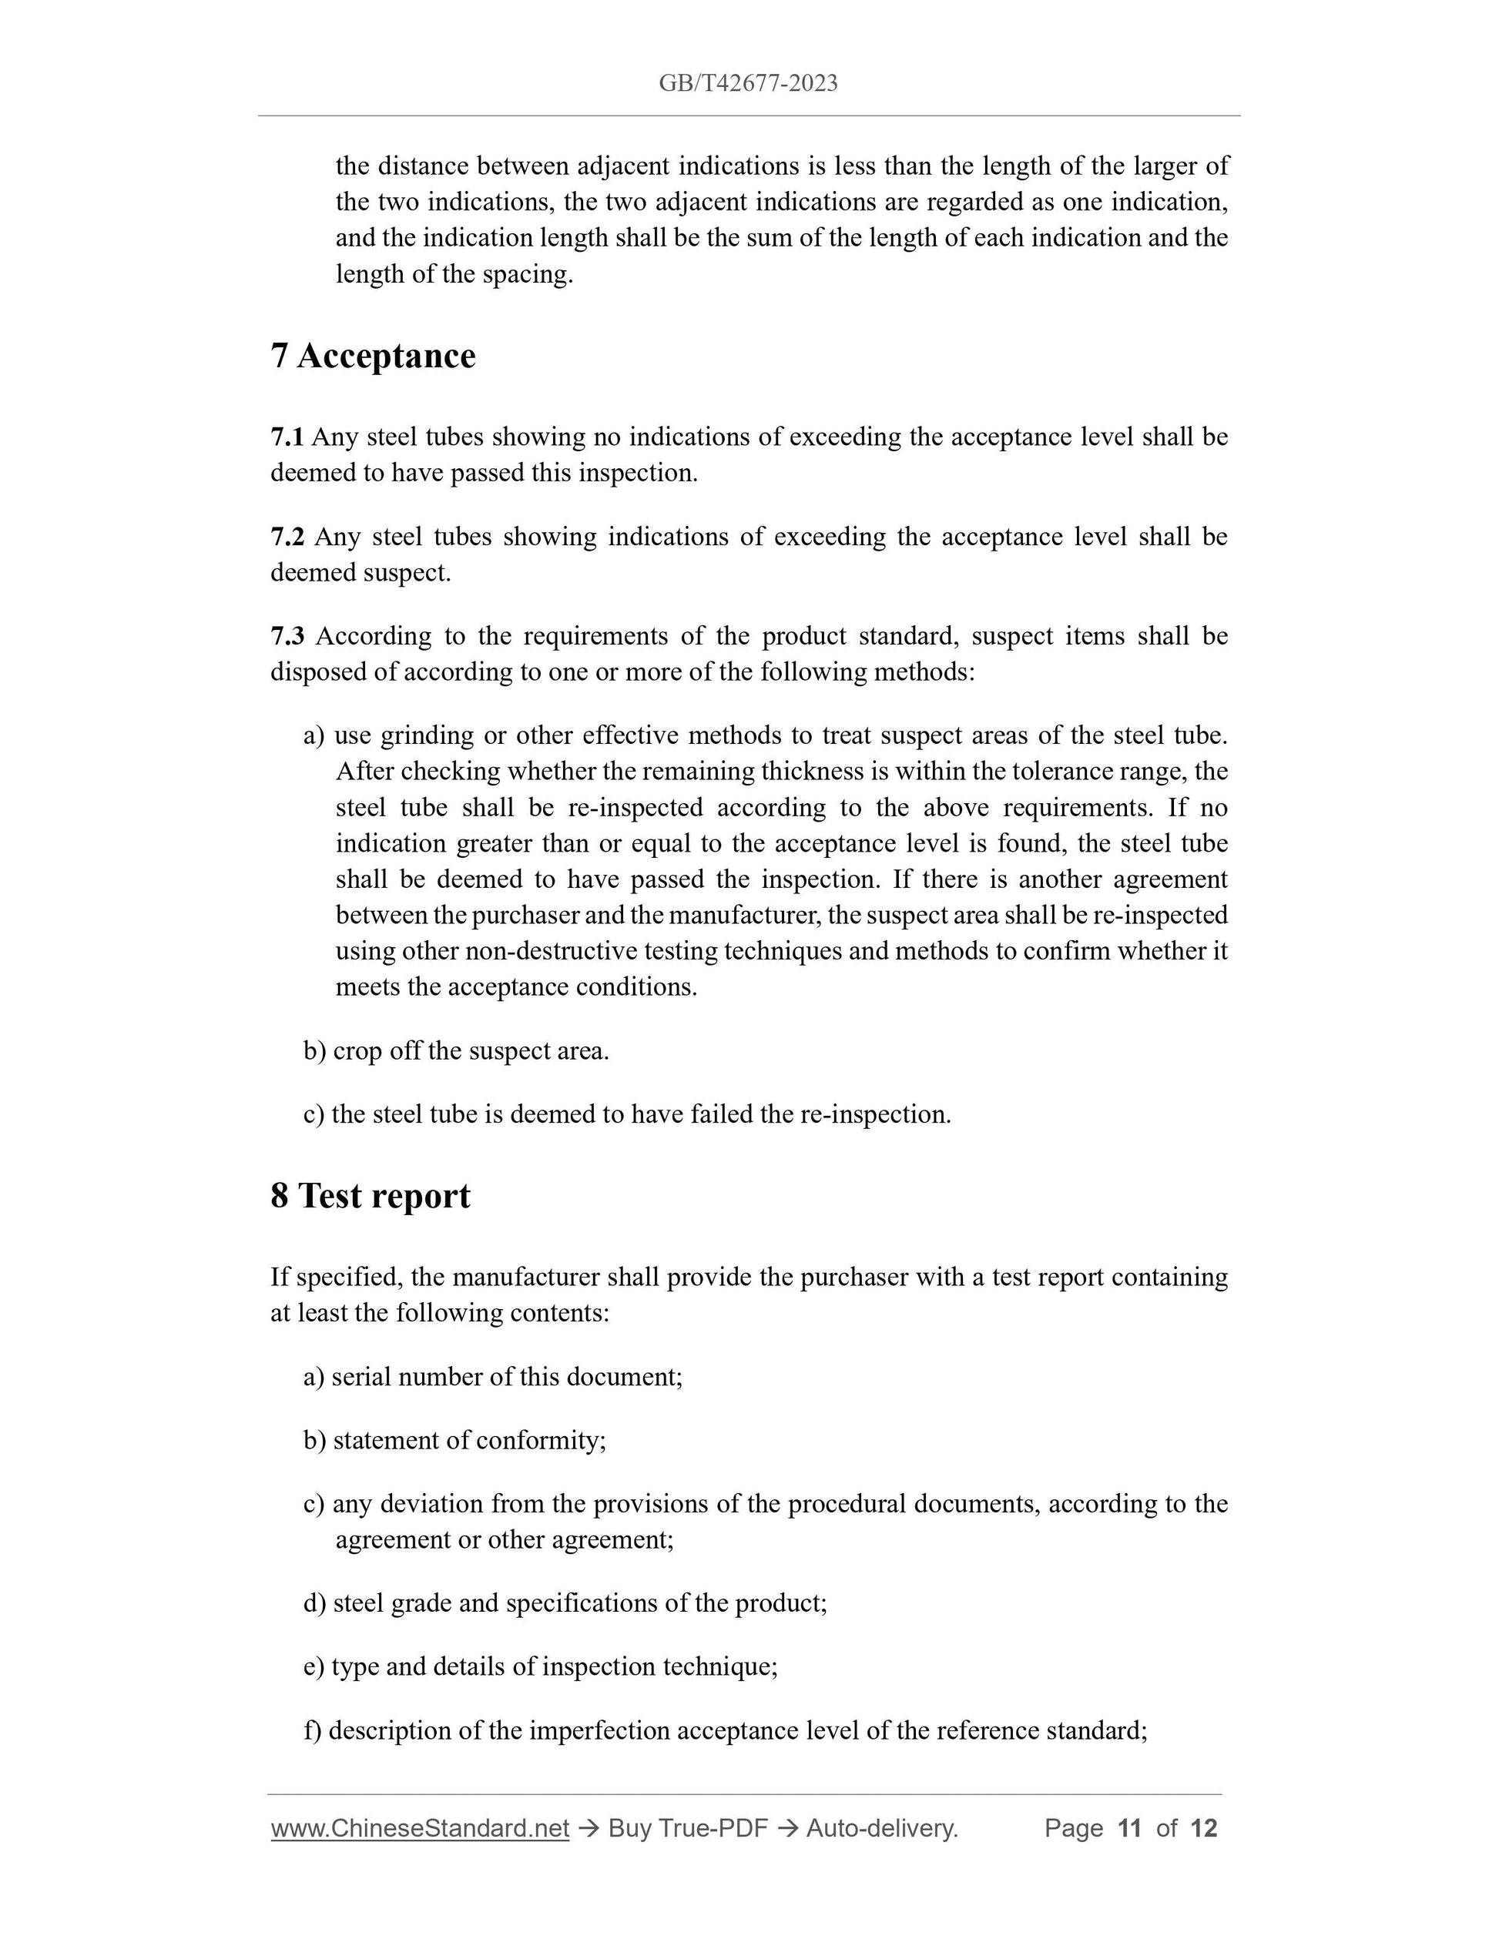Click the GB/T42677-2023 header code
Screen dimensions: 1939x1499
coord(748,83)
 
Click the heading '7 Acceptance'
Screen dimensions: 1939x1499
coord(373,356)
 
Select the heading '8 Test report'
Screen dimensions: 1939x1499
coord(371,1196)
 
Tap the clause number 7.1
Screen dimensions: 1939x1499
coord(286,437)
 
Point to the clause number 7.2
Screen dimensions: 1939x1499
coord(287,537)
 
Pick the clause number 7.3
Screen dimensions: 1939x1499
coord(287,637)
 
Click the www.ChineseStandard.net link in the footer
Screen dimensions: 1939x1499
coord(419,1828)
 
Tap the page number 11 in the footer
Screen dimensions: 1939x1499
coord(1128,1828)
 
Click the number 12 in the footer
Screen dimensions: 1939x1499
coord(1203,1828)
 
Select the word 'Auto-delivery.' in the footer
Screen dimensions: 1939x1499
coord(882,1828)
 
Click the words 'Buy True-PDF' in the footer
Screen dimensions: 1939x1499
coord(687,1828)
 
